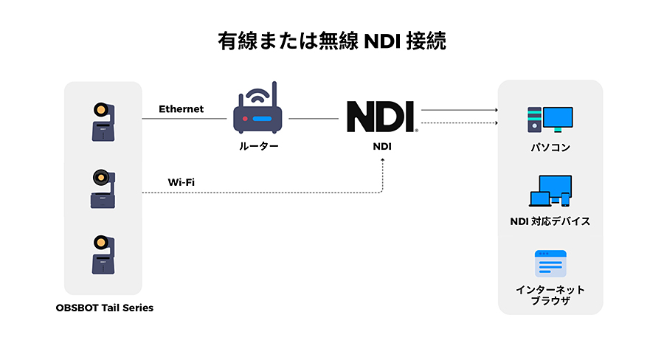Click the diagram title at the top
pyautogui.click(x=332, y=41)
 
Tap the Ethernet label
pyautogui.click(x=181, y=109)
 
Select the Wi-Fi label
pyautogui.click(x=181, y=181)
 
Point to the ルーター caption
pyautogui.click(x=258, y=146)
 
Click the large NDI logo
pyautogui.click(x=381, y=117)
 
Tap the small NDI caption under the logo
pyautogui.click(x=381, y=146)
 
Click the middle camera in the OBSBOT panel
pyautogui.click(x=103, y=190)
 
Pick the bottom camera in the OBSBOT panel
pyautogui.click(x=103, y=255)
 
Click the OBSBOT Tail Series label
pyautogui.click(x=104, y=308)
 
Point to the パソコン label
pyautogui.click(x=550, y=148)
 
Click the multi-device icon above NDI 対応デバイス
pyautogui.click(x=550, y=190)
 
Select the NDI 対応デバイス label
pyautogui.click(x=550, y=221)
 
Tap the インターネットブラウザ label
pyautogui.click(x=550, y=295)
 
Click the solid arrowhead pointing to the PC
pyautogui.click(x=496, y=109)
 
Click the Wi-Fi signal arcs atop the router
pyautogui.click(x=257, y=94)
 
